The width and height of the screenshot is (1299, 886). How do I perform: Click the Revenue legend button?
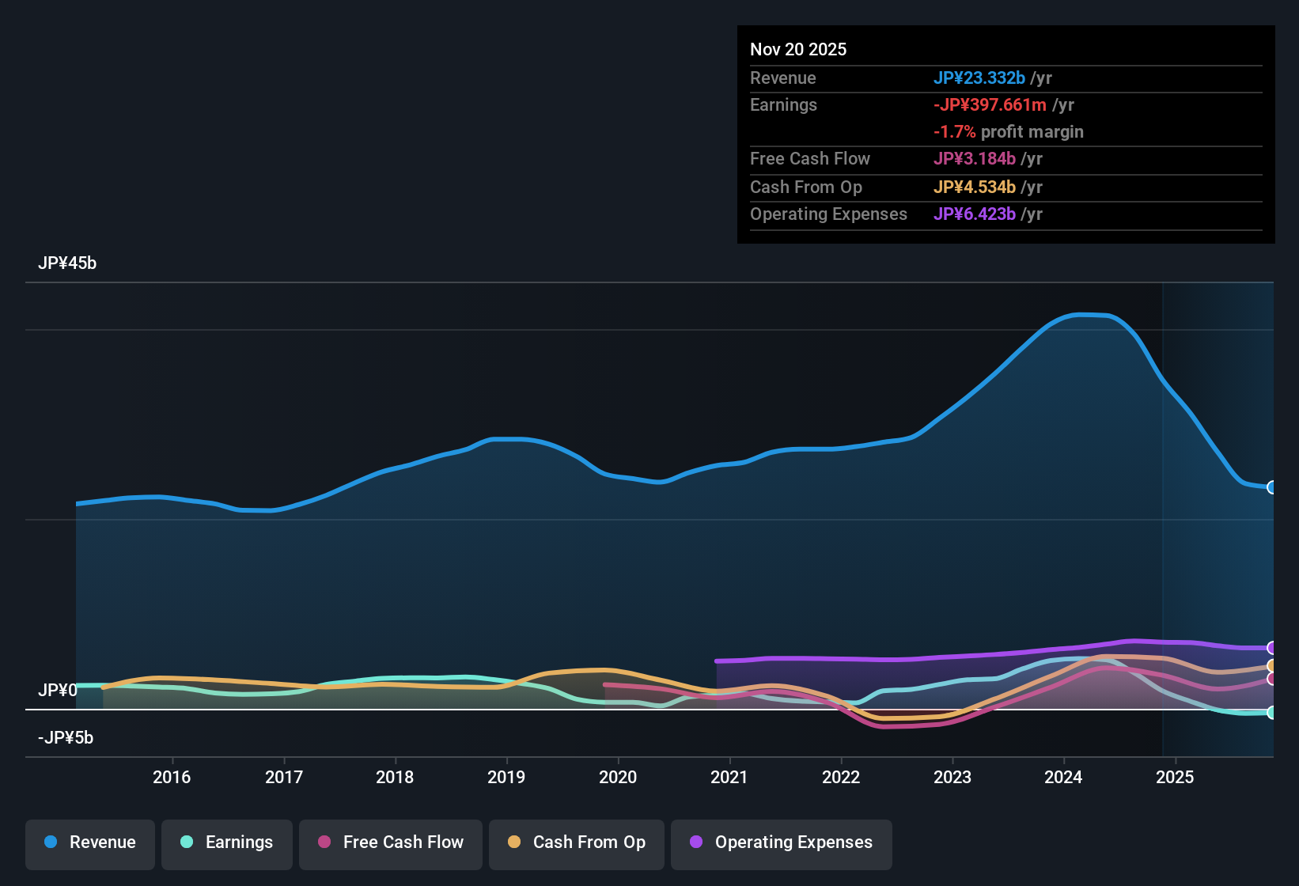tap(90, 843)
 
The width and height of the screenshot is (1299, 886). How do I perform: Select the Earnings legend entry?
tap(227, 843)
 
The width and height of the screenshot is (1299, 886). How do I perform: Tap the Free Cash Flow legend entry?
tap(391, 843)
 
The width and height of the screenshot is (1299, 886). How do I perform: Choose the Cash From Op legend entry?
tap(577, 843)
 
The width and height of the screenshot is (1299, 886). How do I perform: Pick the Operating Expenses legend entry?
tap(782, 843)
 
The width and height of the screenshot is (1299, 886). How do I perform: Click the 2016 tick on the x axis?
tap(172, 777)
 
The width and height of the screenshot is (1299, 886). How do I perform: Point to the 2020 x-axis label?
tap(618, 777)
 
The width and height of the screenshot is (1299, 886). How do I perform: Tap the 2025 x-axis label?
tap(1175, 777)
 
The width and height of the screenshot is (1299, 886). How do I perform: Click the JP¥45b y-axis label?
tap(67, 263)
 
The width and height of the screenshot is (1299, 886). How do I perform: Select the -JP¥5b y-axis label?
tap(66, 738)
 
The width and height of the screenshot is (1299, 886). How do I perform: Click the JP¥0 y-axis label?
tap(58, 691)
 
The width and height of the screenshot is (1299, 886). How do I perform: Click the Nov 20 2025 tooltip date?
tap(798, 50)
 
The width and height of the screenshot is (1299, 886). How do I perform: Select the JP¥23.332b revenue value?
tap(979, 78)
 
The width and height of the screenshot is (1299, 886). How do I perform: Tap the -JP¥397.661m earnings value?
tap(990, 105)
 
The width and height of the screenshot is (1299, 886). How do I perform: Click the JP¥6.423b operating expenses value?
tap(975, 214)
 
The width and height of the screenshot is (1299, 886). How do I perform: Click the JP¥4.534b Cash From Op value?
tap(975, 187)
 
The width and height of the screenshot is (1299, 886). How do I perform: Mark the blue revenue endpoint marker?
tap(1271, 487)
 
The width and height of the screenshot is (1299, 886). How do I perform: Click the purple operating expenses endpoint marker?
tap(1271, 648)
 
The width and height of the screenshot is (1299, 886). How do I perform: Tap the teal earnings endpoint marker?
tap(1271, 713)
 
